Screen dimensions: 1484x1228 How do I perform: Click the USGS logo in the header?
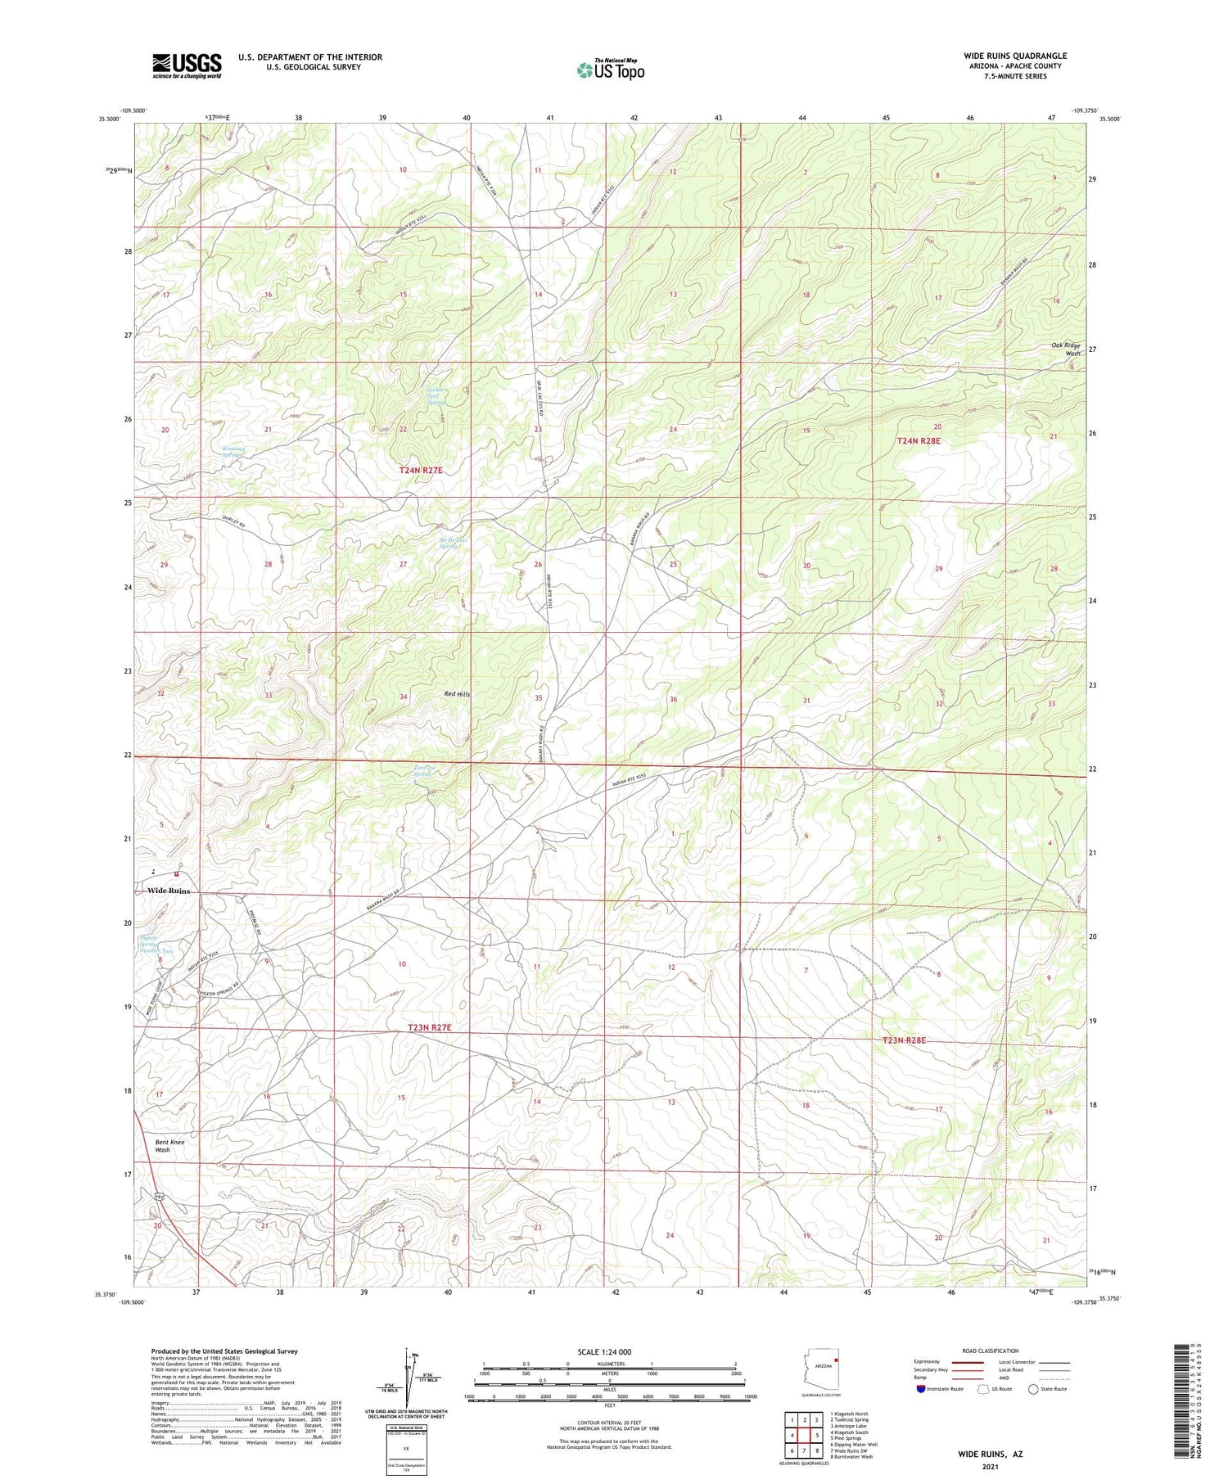(x=187, y=65)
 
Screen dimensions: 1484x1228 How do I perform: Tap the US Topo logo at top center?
(x=610, y=70)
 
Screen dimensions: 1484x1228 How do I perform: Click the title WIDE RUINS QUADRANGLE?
(x=1014, y=56)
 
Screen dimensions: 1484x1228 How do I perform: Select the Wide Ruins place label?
(x=169, y=891)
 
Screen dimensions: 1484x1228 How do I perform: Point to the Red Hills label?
(x=457, y=694)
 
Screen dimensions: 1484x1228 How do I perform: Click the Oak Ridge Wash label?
(x=1066, y=349)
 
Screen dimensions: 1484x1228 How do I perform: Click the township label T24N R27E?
(x=421, y=470)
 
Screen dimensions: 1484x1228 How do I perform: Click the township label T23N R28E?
(x=905, y=1040)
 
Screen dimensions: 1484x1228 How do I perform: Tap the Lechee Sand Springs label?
(x=436, y=396)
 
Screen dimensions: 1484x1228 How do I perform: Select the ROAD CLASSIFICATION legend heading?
(x=991, y=1351)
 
